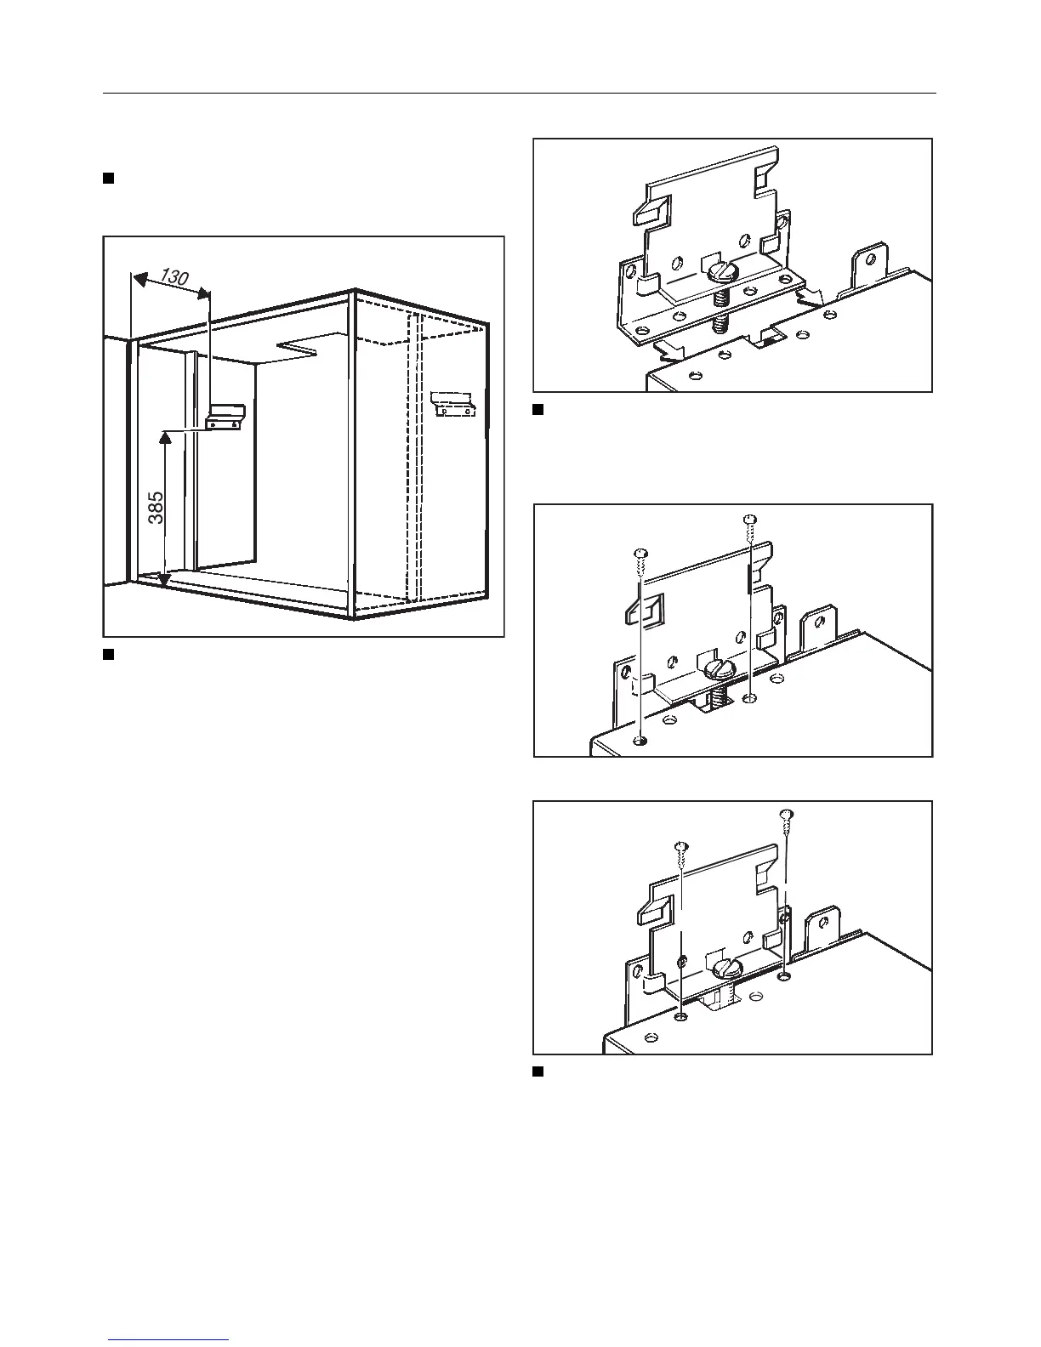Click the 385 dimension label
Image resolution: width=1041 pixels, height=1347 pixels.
point(156,508)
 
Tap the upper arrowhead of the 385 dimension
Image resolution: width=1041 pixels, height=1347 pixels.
point(163,437)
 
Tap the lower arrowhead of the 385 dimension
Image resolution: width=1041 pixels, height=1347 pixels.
point(163,581)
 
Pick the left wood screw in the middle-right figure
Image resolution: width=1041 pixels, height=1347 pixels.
point(640,554)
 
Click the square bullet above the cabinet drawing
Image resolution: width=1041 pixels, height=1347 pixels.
point(108,178)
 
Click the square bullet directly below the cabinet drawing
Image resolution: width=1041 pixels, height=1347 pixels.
point(108,654)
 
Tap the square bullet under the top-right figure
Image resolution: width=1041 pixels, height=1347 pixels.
point(538,409)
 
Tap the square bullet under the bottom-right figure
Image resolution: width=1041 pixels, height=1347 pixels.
point(538,1071)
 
